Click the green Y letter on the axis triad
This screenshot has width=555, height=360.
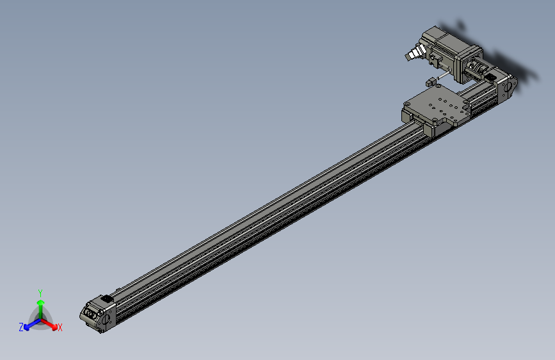click(40, 292)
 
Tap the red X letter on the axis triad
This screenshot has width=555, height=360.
click(60, 327)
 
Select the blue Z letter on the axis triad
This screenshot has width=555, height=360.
click(21, 327)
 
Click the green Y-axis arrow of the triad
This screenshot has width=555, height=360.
click(40, 305)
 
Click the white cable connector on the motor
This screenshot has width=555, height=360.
click(416, 53)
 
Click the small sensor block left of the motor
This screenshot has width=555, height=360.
click(431, 81)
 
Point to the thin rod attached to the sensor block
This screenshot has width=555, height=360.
click(446, 76)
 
